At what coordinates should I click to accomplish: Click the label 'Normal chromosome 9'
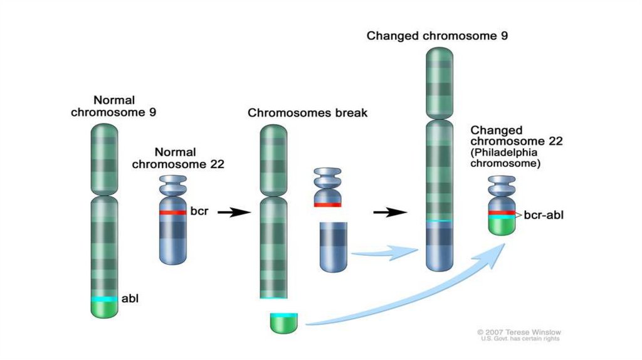coord(113,107)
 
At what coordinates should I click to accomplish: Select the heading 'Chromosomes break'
coord(307,114)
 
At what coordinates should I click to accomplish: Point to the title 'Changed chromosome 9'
coord(437,36)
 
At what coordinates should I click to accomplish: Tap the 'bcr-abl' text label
coord(543,216)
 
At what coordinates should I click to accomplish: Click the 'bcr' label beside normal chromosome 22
coord(199,211)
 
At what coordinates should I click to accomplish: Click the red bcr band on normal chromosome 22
coord(173,213)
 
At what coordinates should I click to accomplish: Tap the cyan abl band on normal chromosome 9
coord(104,299)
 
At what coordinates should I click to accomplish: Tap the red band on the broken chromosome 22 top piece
coord(327,204)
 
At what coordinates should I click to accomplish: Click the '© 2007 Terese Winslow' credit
coord(518,332)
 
